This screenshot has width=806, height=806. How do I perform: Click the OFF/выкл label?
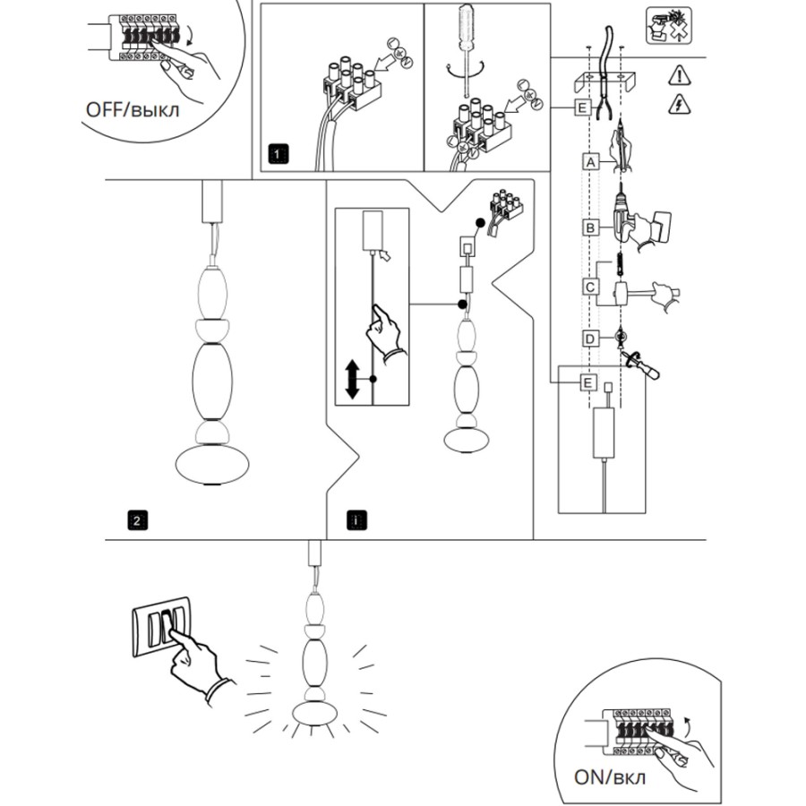[x=132, y=109]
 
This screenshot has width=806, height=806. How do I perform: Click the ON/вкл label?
[x=610, y=776]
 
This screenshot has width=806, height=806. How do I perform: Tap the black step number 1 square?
[x=279, y=154]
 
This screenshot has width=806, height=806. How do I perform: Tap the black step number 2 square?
[x=136, y=519]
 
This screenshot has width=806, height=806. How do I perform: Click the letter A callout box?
[x=589, y=162]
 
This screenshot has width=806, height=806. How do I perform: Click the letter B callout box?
[x=589, y=227]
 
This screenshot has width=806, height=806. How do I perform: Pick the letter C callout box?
[x=589, y=287]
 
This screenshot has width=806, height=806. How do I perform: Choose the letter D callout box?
[x=589, y=339]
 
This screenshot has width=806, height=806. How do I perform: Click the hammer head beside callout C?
[x=622, y=293]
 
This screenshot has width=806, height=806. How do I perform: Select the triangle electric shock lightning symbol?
[x=678, y=106]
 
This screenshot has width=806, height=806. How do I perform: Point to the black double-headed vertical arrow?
[x=352, y=380]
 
